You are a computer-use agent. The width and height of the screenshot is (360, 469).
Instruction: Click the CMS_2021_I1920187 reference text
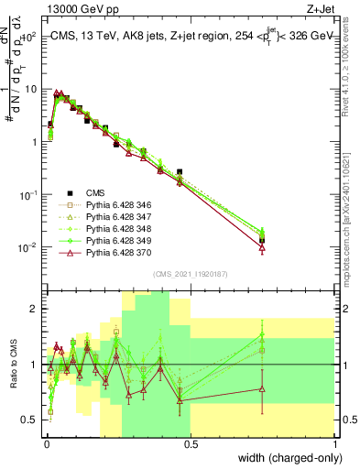pyautogui.click(x=190, y=273)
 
